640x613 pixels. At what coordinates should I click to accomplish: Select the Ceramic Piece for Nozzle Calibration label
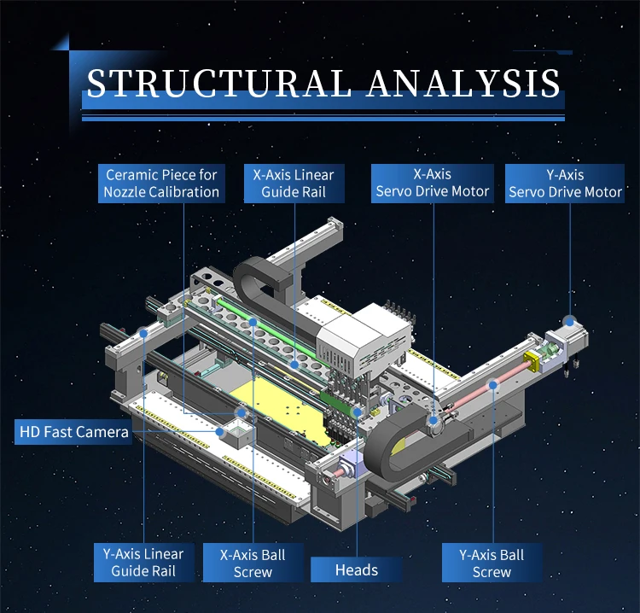(x=161, y=184)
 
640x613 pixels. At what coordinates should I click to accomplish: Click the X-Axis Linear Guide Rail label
(x=293, y=184)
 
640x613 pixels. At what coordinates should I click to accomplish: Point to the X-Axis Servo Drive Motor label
(x=433, y=184)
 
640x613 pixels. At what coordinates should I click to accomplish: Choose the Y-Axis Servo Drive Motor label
(x=565, y=184)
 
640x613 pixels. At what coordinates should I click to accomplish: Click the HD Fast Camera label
(x=74, y=432)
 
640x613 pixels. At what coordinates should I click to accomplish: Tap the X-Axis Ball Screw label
(x=253, y=563)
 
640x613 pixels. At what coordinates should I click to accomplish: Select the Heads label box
(x=356, y=569)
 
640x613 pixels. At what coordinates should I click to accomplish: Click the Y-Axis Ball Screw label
(x=492, y=563)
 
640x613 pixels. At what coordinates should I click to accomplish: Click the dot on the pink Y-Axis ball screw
(x=492, y=385)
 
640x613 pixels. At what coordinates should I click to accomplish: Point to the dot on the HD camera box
(x=221, y=432)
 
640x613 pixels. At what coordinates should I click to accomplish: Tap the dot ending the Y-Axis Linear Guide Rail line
(x=146, y=330)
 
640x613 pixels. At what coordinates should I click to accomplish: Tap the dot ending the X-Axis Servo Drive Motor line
(x=433, y=419)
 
